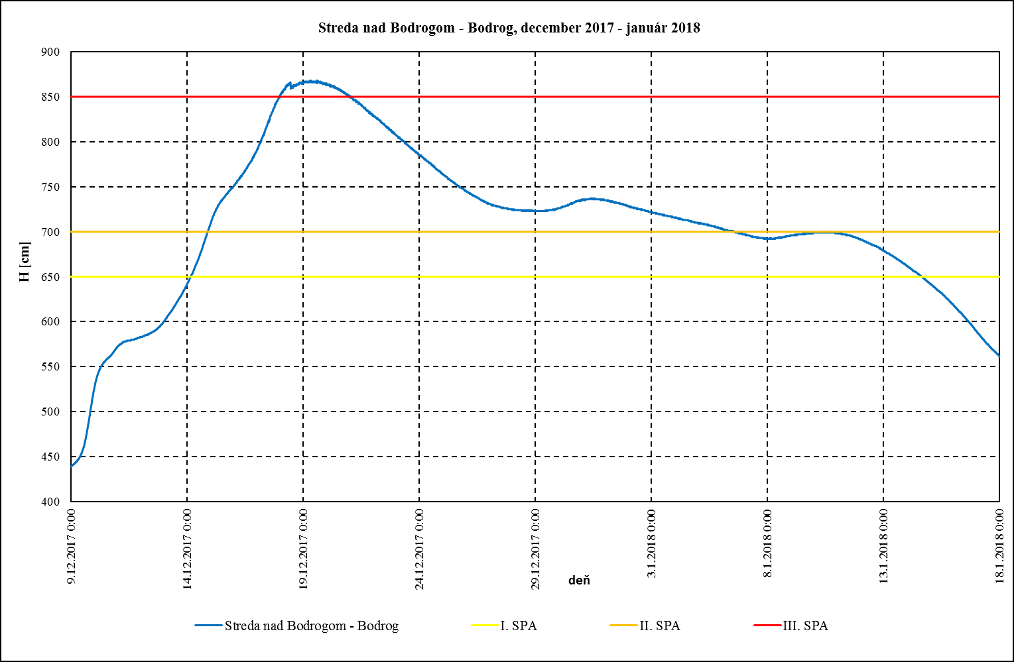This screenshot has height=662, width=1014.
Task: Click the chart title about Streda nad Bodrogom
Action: tap(509, 28)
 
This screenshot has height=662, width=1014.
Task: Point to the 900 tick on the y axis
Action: tap(50, 52)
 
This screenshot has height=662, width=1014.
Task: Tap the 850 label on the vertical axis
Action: tap(50, 97)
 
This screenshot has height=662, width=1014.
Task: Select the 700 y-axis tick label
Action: tap(50, 232)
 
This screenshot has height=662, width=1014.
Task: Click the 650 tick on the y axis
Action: tap(50, 277)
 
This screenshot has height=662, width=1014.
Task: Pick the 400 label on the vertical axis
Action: tap(50, 502)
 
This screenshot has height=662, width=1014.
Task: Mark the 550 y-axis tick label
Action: tap(50, 367)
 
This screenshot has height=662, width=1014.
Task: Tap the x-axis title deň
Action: tap(579, 580)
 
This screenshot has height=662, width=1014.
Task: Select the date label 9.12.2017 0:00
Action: tap(72, 545)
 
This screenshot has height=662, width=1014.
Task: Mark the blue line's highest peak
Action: tap(312, 81)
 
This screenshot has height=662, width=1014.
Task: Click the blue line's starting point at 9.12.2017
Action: tap(72, 467)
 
